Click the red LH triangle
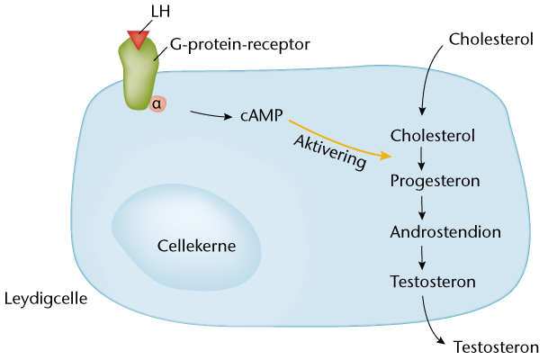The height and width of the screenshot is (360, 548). pyautogui.click(x=138, y=39)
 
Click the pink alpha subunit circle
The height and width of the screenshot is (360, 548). pyautogui.click(x=157, y=103)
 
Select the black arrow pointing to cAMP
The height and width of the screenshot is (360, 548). pyautogui.click(x=211, y=114)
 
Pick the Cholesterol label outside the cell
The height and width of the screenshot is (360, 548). pyautogui.click(x=491, y=40)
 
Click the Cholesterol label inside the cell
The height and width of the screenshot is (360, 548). pyautogui.click(x=433, y=135)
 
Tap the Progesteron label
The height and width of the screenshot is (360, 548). pyautogui.click(x=435, y=180)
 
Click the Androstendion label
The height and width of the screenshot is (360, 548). pyautogui.click(x=445, y=231)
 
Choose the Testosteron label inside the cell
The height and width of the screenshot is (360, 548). pyautogui.click(x=433, y=281)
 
